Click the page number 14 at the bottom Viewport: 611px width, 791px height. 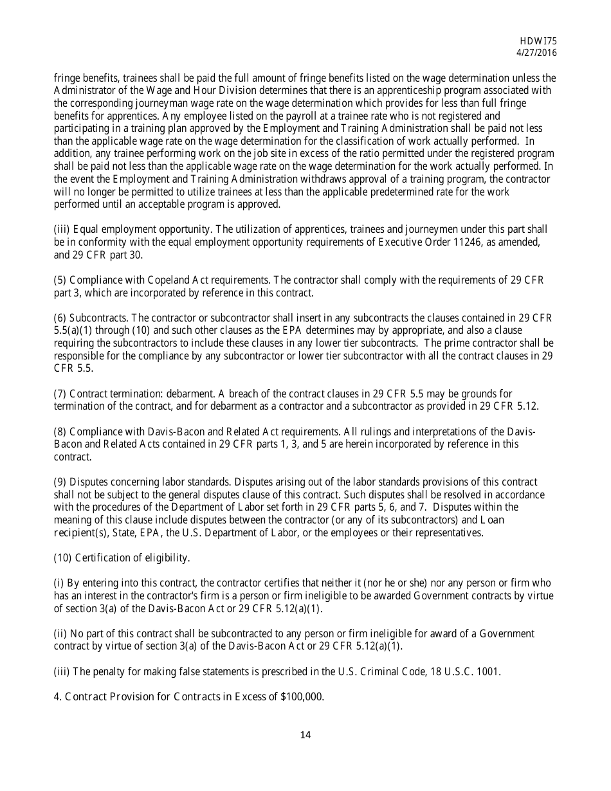pyautogui.click(x=305, y=735)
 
